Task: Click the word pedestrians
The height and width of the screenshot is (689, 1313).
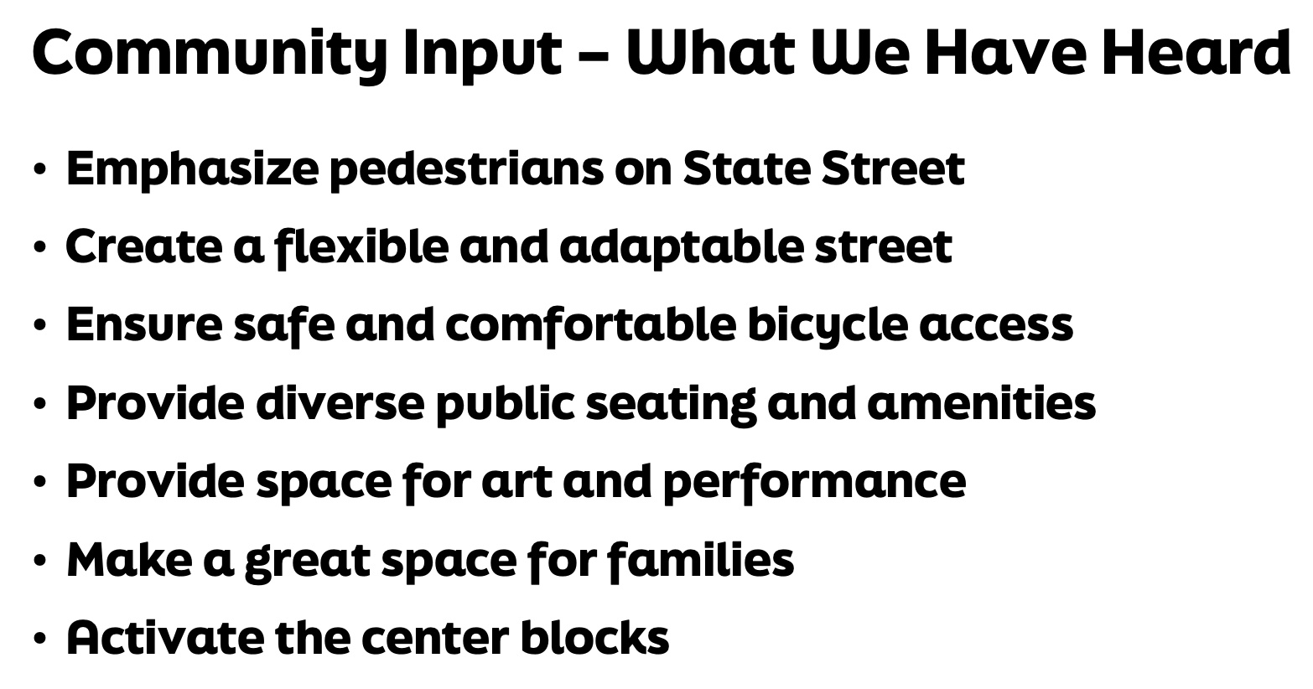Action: click(x=466, y=169)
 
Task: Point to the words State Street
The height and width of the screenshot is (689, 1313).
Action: click(x=823, y=168)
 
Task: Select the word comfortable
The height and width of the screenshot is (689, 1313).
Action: click(x=591, y=326)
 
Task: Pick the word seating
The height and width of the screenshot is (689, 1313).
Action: click(x=671, y=405)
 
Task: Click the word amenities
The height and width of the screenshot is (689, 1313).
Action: click(x=982, y=404)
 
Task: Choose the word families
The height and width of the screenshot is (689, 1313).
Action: click(x=700, y=560)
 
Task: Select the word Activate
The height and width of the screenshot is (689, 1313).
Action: click(x=165, y=638)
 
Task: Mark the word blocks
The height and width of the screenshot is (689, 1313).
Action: click(x=595, y=637)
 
